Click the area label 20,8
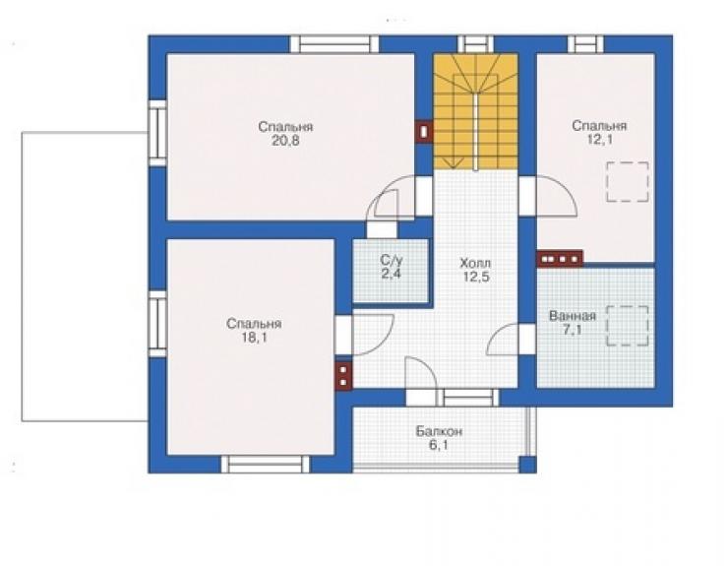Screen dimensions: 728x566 [x=285, y=141]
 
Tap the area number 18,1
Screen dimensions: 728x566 [x=254, y=338]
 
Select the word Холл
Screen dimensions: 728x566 [x=475, y=264]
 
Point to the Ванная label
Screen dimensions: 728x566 [x=572, y=316]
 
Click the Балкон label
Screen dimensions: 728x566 [x=439, y=432]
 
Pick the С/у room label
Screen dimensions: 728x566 [x=391, y=260]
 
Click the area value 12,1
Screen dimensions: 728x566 [x=599, y=140]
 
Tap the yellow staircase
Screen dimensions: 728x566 [x=475, y=111]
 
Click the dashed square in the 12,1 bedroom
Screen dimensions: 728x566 [x=628, y=182]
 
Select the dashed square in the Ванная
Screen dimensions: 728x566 [x=628, y=326]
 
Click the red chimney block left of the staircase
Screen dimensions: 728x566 [x=423, y=132]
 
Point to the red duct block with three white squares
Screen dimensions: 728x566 [x=560, y=258]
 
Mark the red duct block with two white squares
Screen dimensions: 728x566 [x=343, y=375]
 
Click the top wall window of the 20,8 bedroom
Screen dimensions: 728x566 [x=334, y=44]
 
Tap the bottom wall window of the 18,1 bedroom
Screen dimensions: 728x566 [x=265, y=465]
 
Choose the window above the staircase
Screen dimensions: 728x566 [x=475, y=44]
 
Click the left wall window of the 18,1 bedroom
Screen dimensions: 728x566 [x=157, y=324]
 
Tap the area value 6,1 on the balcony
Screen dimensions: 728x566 [x=439, y=446]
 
